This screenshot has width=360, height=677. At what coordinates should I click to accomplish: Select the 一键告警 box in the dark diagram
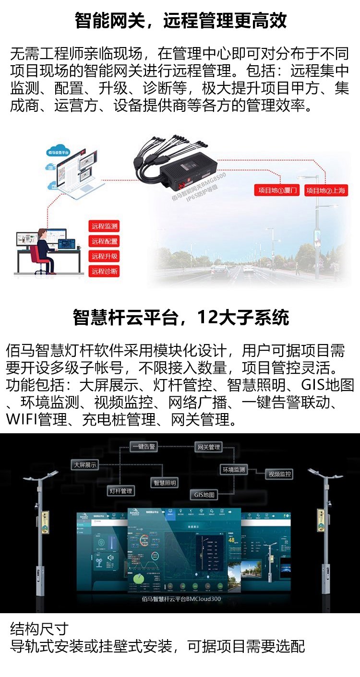pos(144,447)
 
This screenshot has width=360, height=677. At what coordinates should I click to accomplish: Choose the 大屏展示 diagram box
pos(85,465)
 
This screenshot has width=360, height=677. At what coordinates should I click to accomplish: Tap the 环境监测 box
pos(234,469)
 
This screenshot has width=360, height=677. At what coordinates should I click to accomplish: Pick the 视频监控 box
pos(280,474)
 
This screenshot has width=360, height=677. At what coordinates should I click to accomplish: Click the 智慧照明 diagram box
pos(165,483)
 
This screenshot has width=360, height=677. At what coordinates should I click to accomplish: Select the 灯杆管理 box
pos(120,491)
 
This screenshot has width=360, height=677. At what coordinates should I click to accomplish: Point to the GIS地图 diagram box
pos(204,494)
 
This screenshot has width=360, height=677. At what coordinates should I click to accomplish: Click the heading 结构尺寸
pos(39,629)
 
